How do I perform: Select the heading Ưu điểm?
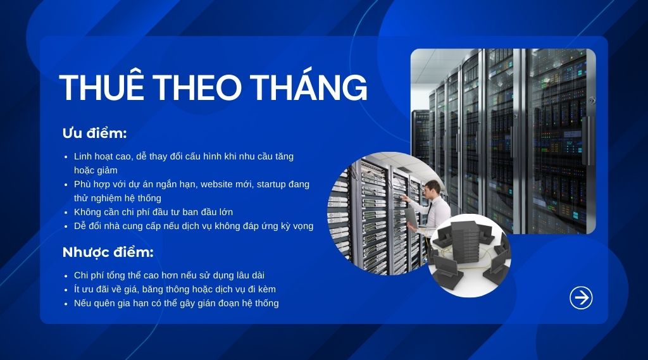95,133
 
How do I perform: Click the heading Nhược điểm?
108,252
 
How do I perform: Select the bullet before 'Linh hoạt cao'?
67,156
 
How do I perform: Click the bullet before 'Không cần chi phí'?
67,212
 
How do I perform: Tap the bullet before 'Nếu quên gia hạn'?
67,304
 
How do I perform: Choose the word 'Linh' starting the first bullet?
83,156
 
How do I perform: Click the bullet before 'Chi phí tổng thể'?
67,276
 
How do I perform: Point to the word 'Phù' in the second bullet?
82,184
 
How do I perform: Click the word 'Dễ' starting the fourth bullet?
80,226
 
